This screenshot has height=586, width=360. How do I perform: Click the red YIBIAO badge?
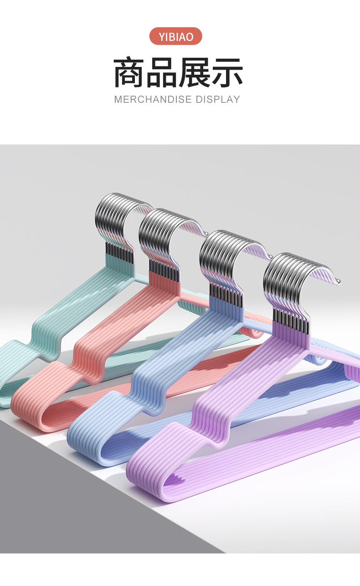[x=176, y=36]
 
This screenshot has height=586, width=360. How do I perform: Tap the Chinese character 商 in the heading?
[x=129, y=72]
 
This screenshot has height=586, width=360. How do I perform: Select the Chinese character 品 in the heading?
[x=161, y=72]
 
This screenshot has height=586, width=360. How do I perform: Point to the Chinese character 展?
[x=194, y=72]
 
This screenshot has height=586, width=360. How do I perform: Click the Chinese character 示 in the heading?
[x=227, y=72]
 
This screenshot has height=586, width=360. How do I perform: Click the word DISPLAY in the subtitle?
[x=218, y=99]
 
